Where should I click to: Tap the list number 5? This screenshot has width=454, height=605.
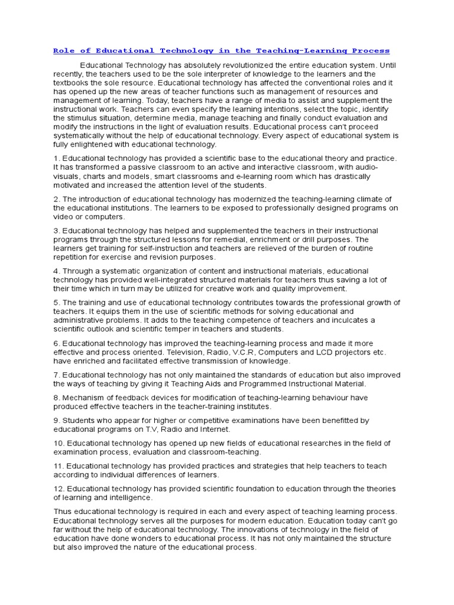pos(56,302)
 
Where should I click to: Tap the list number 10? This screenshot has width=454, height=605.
pos(59,443)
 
